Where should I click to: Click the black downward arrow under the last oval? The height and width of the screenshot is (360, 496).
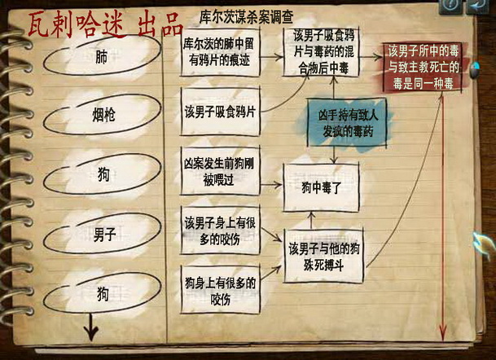[x=90, y=330]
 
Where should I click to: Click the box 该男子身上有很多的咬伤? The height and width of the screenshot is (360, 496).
[x=219, y=230]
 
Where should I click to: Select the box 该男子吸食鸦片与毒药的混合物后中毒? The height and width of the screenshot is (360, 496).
[x=321, y=51]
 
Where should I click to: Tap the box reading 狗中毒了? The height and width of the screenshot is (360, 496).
[x=319, y=188]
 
